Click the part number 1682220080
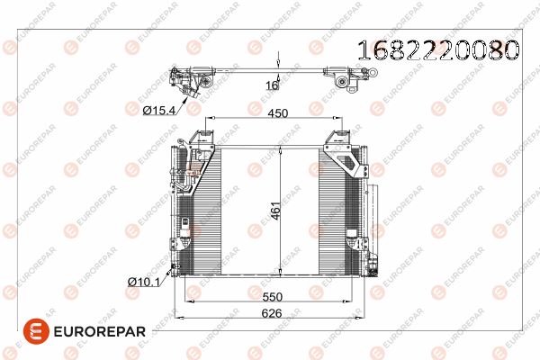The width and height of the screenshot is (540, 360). click(x=438, y=50)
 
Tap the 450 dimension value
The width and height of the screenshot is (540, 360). click(x=277, y=113)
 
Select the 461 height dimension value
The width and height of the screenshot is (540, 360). click(x=276, y=211)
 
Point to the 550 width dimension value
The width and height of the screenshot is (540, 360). click(x=272, y=297)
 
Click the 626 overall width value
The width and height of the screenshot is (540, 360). click(x=272, y=313)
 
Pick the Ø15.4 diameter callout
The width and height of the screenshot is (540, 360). click(x=158, y=110)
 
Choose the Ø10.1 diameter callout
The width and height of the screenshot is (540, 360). click(x=144, y=282)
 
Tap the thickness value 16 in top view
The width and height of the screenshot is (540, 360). click(x=272, y=85)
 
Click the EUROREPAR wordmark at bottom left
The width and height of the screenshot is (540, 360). click(x=100, y=332)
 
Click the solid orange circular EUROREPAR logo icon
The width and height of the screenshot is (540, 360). click(x=36, y=331)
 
